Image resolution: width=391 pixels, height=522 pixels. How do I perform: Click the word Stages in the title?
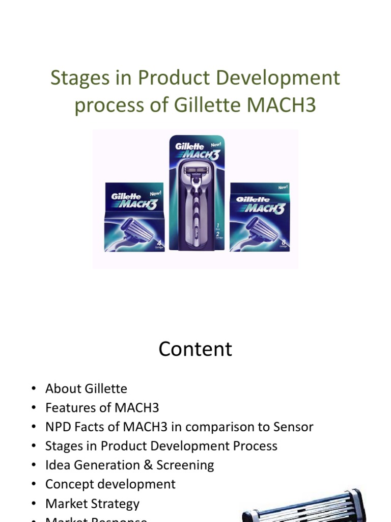click(x=76, y=78)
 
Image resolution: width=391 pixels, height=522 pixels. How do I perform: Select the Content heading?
click(x=195, y=349)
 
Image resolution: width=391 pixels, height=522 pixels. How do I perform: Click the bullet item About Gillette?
click(x=86, y=388)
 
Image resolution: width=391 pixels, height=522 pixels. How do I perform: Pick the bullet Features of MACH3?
click(x=102, y=408)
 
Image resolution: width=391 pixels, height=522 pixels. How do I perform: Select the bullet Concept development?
click(x=110, y=484)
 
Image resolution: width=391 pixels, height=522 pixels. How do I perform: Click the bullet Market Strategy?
click(x=92, y=503)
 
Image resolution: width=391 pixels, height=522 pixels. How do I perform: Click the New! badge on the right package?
click(x=283, y=188)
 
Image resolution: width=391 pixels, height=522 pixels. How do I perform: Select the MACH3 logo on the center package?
click(x=201, y=154)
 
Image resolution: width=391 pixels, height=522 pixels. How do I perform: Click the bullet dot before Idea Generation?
click(x=34, y=465)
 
